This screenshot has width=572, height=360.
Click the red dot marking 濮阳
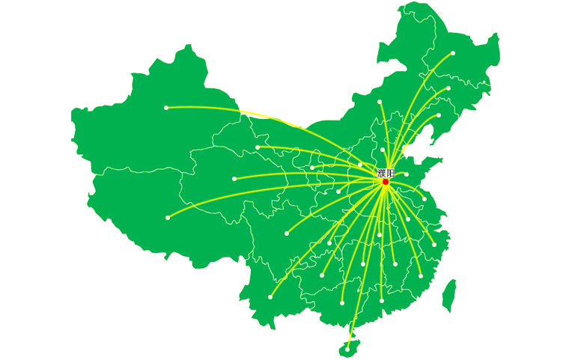386,182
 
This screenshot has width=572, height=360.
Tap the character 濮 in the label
382,173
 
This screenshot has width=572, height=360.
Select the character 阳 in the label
391,173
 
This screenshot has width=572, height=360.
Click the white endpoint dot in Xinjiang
166,108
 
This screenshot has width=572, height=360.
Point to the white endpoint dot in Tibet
168,218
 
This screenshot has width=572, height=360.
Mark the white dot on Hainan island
348,347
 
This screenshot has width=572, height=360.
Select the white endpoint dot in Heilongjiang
453,53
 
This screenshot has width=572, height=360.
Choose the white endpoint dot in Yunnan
270,297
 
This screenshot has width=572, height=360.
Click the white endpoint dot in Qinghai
235,179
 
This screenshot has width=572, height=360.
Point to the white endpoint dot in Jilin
448,88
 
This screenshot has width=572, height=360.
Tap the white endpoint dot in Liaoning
439,116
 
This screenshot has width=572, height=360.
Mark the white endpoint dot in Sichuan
287,234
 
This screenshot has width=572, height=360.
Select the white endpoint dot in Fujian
420,276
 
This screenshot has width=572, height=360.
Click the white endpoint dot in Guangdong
382,301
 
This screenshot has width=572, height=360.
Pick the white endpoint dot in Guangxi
342,303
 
